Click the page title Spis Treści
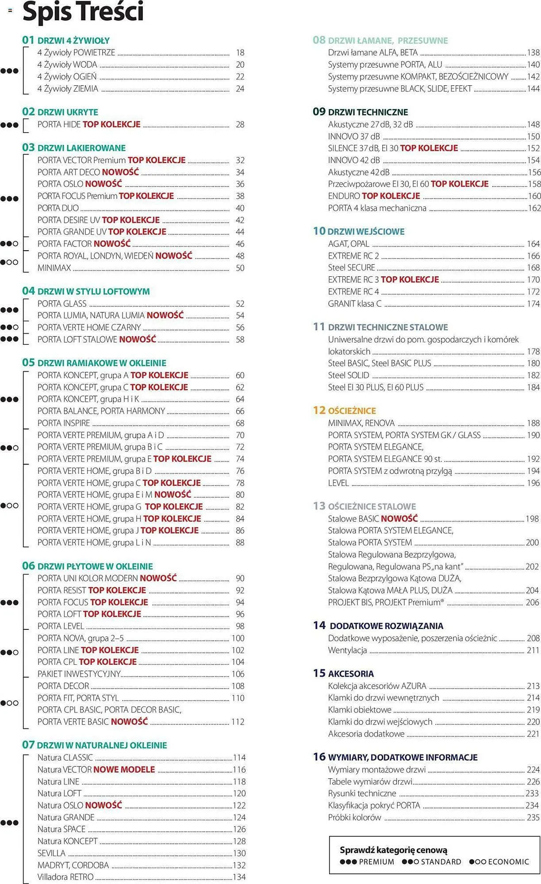pos(83,11)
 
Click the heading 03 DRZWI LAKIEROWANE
pos(74,148)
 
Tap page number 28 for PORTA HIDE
pos(240,125)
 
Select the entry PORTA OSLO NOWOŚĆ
pos(80,184)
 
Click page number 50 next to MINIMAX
pos(240,268)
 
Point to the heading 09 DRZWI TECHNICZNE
pos(360,112)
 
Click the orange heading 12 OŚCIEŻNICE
pos(344,411)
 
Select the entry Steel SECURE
pos(351,268)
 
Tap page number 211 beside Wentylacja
pos(533,650)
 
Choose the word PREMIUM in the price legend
pos(376,862)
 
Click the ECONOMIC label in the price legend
pos(508,862)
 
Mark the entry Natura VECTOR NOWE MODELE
pos(96,770)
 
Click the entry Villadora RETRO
pos(65,877)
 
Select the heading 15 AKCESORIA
pos(343,674)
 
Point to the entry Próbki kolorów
pos(354,817)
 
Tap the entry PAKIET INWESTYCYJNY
pos(79,674)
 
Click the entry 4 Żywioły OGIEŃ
pos(67,77)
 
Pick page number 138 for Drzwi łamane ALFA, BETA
pos(533,53)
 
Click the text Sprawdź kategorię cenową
pos(393,850)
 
